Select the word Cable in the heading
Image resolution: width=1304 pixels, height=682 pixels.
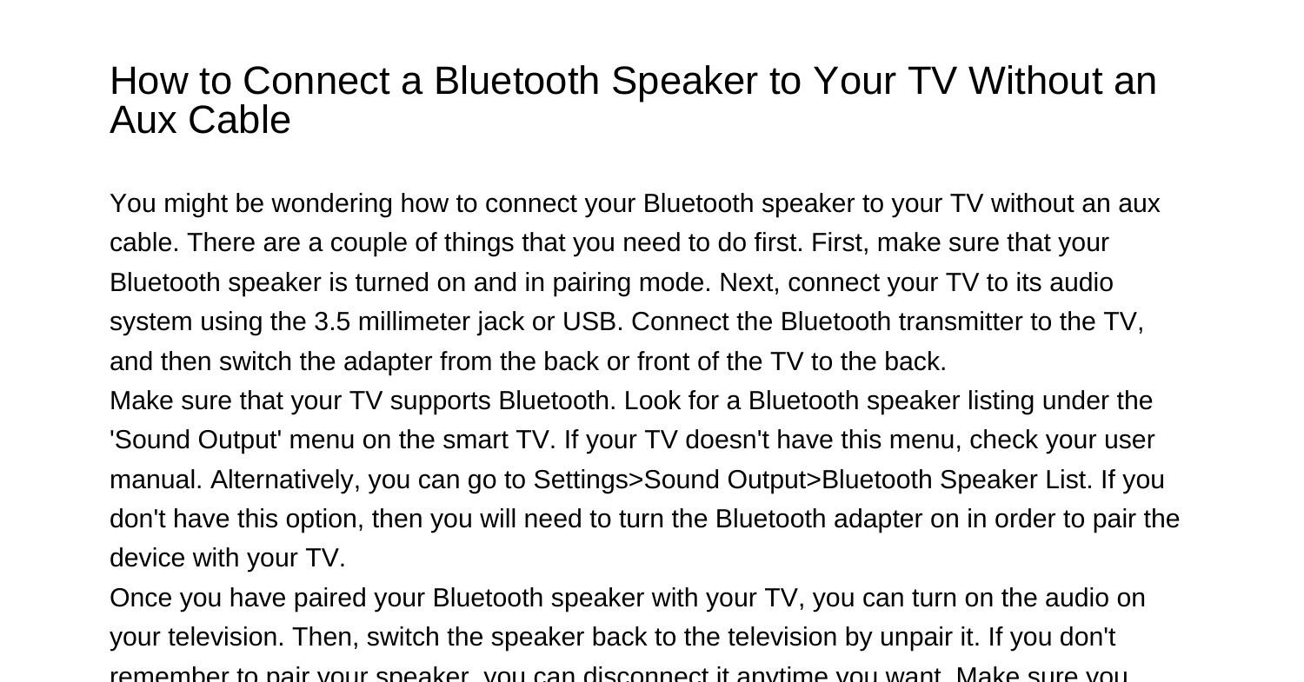pos(239,120)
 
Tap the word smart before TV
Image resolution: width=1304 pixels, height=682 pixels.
pos(476,440)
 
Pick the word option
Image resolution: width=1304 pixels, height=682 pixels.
pos(322,519)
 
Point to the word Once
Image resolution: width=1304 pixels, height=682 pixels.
pos(139,598)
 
